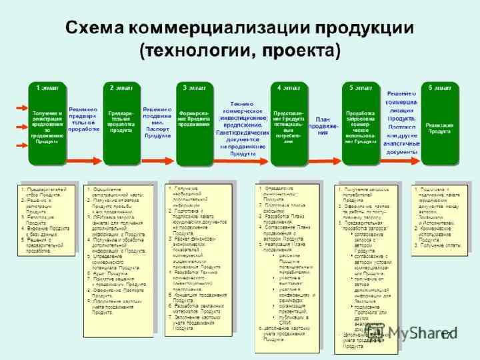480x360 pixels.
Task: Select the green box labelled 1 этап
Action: point(47,123)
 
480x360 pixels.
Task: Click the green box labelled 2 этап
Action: point(121,123)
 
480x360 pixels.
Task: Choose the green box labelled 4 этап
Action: point(289,123)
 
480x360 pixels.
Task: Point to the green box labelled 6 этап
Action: point(439,123)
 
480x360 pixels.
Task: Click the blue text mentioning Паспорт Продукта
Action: point(157,123)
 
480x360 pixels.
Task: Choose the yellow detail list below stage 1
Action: point(48,219)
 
